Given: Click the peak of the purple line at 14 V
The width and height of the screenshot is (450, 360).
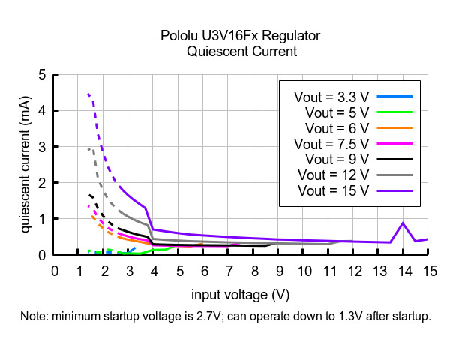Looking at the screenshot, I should (403, 223).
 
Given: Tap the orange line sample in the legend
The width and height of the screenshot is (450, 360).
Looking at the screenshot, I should (394, 127).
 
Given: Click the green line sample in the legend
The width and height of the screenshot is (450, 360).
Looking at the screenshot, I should (394, 112).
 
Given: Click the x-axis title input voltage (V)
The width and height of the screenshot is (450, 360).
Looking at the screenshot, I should (240, 293).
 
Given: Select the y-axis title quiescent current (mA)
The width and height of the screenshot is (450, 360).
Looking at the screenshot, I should (25, 165).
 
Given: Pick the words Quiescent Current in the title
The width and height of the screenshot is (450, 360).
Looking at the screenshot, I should (240, 52).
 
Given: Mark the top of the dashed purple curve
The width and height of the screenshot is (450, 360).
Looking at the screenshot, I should (88, 94).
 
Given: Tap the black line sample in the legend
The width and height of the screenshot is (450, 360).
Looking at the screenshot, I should (394, 159).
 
